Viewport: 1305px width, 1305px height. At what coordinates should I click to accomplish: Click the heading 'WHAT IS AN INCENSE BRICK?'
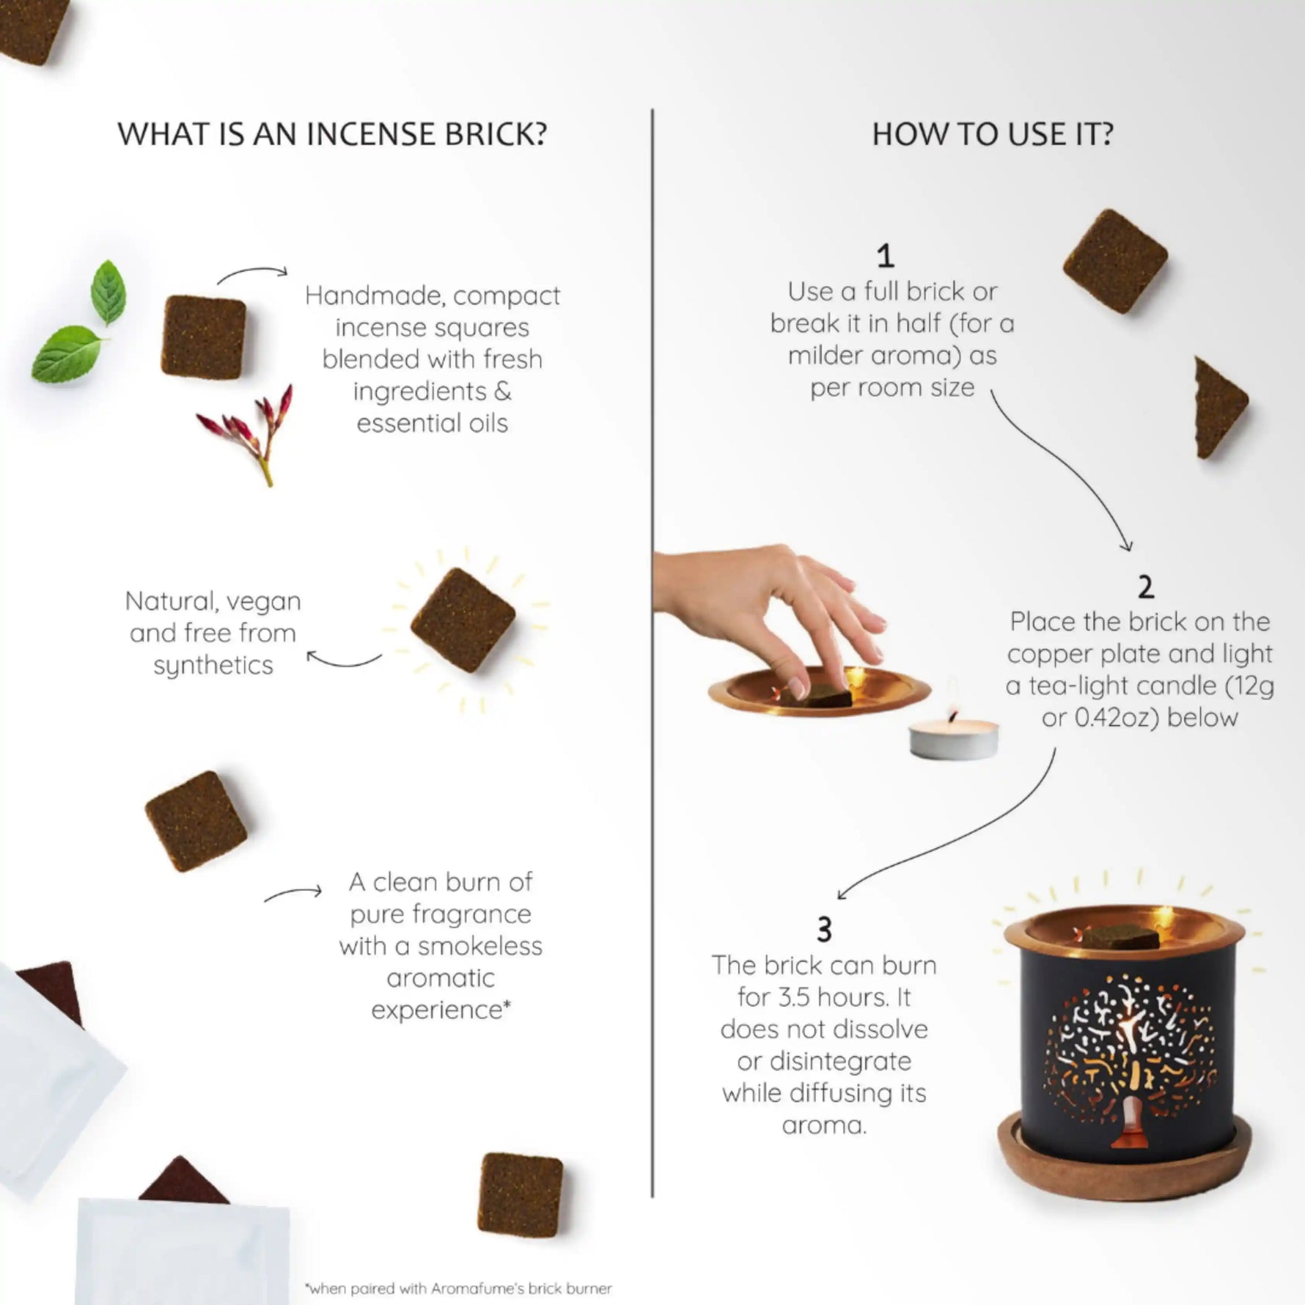click(331, 134)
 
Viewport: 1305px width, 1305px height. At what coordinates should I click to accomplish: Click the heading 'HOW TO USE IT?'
click(992, 134)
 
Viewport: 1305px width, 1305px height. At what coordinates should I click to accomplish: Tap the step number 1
click(885, 256)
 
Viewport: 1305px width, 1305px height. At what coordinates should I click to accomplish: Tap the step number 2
click(1145, 587)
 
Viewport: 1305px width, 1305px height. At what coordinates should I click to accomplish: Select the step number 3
click(824, 930)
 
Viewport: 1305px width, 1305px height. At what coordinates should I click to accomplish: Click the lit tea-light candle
click(953, 737)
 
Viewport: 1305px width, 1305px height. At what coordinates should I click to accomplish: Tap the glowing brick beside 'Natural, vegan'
click(463, 620)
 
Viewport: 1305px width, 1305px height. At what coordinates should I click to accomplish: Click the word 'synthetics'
click(213, 665)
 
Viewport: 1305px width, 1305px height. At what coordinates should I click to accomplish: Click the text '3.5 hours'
click(835, 997)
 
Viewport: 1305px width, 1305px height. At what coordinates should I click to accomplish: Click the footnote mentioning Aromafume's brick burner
click(458, 1288)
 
